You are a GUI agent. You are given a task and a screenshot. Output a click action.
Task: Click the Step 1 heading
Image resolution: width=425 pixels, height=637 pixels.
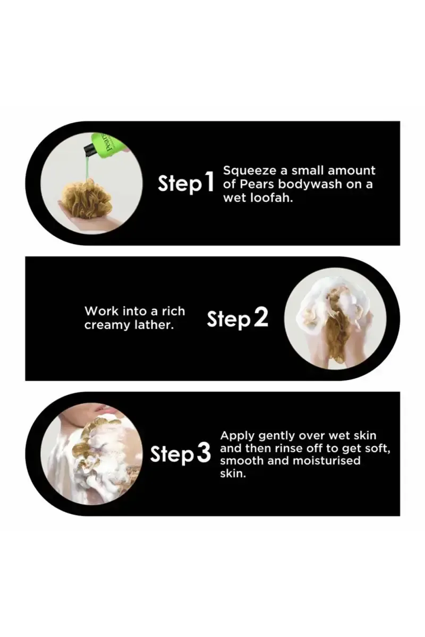[185, 184]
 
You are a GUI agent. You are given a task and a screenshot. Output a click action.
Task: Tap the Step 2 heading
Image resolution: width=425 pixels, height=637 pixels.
[237, 318]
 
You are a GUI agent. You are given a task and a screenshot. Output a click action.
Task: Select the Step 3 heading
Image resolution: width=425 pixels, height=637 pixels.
[181, 454]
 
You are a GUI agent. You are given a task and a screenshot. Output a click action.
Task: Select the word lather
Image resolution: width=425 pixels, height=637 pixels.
[154, 324]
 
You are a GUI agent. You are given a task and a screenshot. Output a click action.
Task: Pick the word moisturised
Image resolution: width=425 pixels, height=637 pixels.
[327, 460]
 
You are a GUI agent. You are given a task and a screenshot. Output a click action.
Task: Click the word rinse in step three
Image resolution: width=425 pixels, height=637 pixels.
[291, 449]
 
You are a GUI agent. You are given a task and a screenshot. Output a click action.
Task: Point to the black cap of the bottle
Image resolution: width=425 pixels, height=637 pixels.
[90, 150]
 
